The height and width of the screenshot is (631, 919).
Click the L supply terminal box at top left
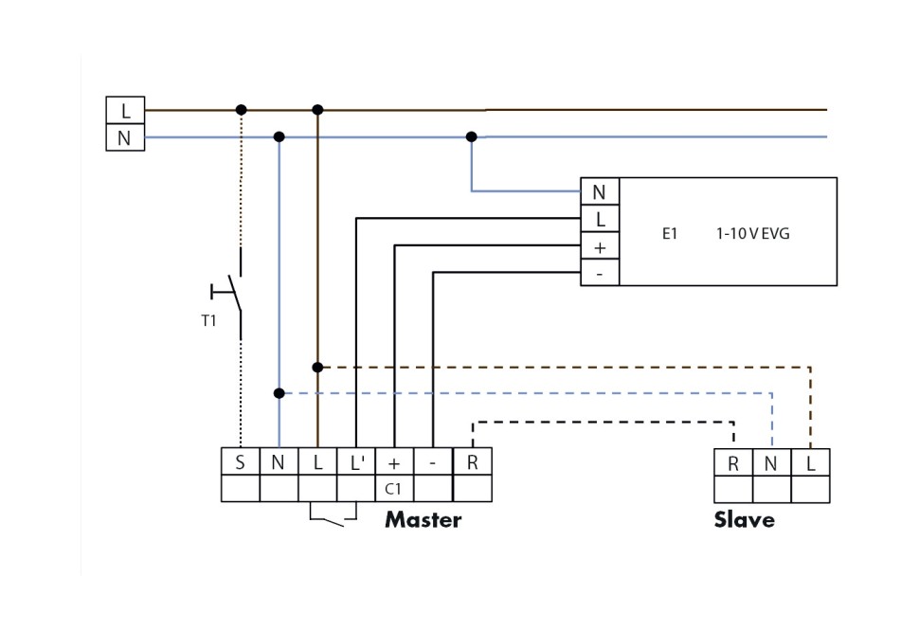pos(125,111)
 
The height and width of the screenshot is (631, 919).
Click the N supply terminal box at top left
pos(125,138)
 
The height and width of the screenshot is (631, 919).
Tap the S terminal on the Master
pos(240,462)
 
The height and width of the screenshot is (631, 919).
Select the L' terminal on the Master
pos(356,462)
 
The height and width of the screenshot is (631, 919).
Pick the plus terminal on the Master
pos(394,462)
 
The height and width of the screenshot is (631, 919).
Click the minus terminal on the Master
pos(433,462)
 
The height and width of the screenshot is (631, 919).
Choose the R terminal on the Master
pos(472,462)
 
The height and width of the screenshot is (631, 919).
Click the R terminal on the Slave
pos(733,463)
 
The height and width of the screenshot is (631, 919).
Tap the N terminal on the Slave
pos(771,463)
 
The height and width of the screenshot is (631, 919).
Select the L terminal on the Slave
pos(810,463)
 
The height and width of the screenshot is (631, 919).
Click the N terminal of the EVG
pos(599,192)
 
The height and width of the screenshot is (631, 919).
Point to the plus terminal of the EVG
pos(599,247)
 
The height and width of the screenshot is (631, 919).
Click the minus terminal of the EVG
pos(599,274)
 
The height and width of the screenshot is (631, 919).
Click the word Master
pos(423,520)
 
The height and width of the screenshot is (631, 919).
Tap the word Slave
pos(744,520)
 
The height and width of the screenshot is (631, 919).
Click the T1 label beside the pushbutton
pos(208,321)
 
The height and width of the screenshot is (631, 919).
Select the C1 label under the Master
pos(394,490)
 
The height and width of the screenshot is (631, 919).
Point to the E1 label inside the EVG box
pos(670,233)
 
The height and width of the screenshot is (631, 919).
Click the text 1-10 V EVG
pos(752,233)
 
